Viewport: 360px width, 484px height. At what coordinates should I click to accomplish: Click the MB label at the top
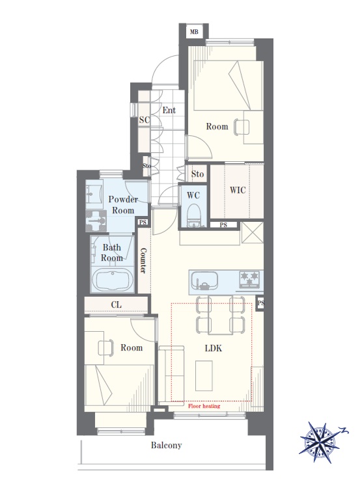pos(194,31)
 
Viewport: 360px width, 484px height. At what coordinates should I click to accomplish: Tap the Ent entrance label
pos(169,110)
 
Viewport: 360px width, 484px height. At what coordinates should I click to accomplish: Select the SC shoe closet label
pos(144,120)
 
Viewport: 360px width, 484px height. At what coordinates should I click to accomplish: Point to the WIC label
pos(238,189)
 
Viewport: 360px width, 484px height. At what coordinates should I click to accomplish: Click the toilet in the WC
pos(195,215)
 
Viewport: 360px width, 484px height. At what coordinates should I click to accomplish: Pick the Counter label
pos(143,260)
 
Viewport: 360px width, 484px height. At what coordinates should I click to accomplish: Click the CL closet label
pos(116,304)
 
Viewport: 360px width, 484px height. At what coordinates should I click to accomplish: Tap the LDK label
pos(214,348)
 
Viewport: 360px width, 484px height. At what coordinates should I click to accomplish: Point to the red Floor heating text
pos(204,406)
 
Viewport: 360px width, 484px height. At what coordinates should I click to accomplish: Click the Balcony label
pos(166,445)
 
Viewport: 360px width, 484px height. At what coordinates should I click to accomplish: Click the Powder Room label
pos(123,205)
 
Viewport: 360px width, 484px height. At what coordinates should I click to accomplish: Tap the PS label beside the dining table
pos(261,303)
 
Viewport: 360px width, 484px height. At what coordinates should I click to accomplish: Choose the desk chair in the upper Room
pos(241,127)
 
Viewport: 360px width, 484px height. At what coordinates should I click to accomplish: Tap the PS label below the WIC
pos(223,225)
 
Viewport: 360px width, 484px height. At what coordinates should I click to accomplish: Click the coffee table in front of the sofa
pos(204,375)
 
